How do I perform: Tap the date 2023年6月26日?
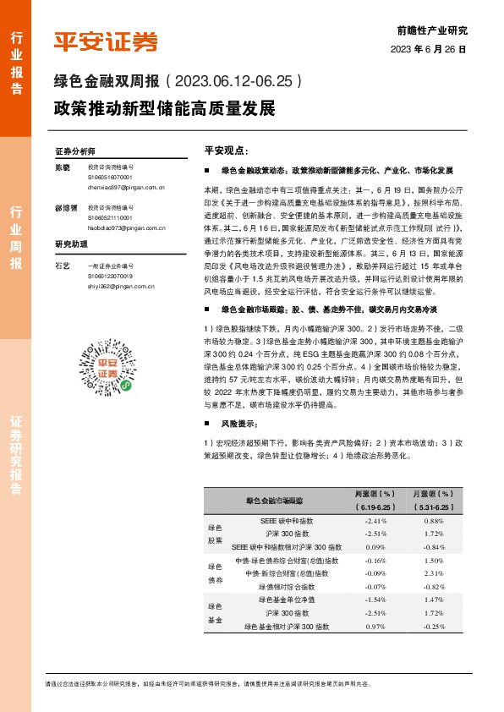click(x=428, y=49)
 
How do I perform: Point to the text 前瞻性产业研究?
click(x=431, y=30)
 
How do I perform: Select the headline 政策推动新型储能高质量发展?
click(x=164, y=109)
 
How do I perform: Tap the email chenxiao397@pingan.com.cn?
click(x=127, y=188)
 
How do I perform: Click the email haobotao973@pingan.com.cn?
click(x=128, y=227)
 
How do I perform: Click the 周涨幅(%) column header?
click(x=374, y=494)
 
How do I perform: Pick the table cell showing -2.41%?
click(x=374, y=521)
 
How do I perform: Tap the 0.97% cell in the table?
click(x=374, y=626)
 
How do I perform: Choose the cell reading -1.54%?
click(x=374, y=600)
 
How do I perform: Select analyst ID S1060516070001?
click(x=110, y=178)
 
